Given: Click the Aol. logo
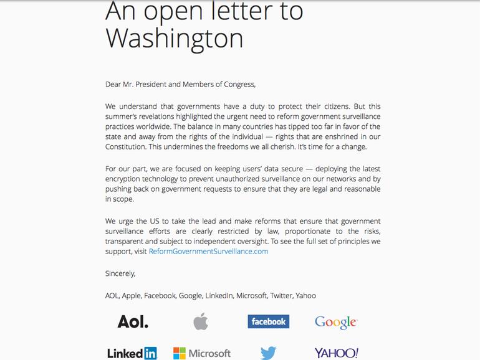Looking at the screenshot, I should (x=133, y=321).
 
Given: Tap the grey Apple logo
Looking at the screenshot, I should (x=200, y=321).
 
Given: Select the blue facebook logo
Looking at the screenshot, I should (x=268, y=321).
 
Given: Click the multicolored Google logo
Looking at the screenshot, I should (x=335, y=322).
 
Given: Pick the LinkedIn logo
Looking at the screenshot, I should (x=132, y=353).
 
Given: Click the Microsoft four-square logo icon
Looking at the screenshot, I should (x=180, y=353).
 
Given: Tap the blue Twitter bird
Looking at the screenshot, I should (x=268, y=353).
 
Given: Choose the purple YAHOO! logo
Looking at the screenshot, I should (x=336, y=353).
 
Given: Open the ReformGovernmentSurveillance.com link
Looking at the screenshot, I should (x=208, y=251).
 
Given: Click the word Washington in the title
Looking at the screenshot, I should (x=174, y=38).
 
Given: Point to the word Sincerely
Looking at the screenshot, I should (x=120, y=273).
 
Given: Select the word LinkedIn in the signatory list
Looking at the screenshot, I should (x=219, y=295).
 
